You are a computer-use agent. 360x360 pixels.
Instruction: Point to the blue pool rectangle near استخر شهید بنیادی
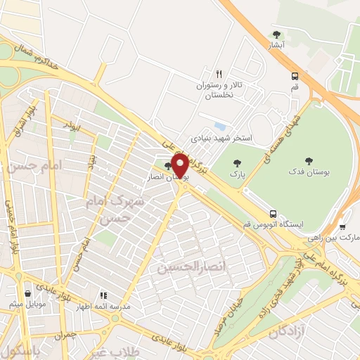(220, 127)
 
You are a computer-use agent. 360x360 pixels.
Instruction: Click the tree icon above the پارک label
(236, 163)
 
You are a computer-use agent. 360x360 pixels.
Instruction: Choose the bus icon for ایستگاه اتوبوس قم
(272, 214)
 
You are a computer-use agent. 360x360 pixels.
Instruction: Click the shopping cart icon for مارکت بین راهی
(342, 227)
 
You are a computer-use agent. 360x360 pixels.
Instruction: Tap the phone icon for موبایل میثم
(27, 294)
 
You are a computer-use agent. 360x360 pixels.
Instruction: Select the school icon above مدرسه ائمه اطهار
(103, 295)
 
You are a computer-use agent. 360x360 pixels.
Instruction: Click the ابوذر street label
(70, 124)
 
